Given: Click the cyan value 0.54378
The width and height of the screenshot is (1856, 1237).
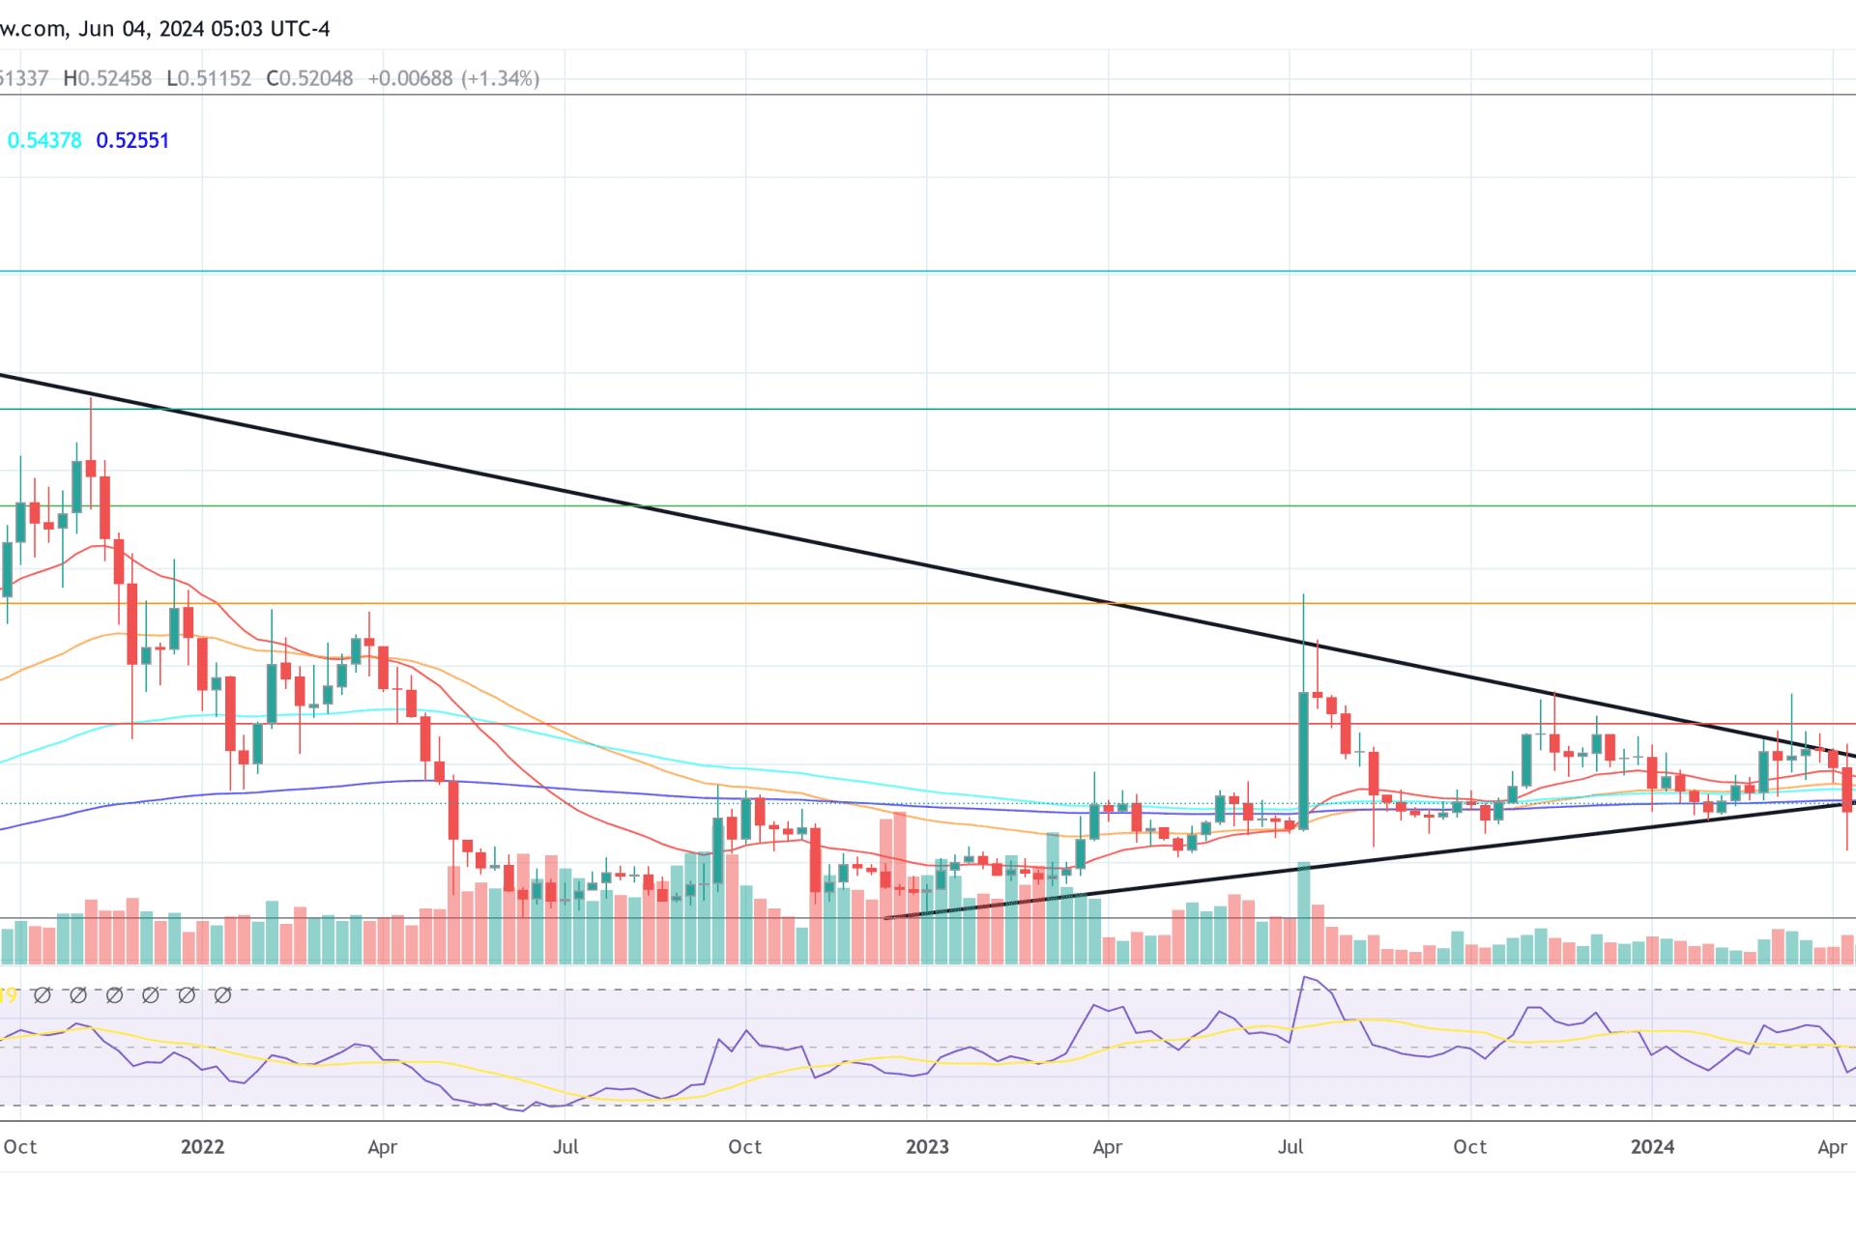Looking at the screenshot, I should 44,141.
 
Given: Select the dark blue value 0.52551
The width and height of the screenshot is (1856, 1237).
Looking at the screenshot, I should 132,141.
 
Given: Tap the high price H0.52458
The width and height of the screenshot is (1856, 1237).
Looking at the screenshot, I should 107,78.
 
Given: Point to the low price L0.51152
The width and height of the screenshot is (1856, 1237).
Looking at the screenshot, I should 209,78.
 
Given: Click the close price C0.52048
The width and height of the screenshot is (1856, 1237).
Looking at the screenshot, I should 309,78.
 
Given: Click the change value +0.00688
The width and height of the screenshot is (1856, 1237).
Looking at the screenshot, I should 410,78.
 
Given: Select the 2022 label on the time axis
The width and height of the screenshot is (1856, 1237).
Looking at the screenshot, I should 202,1147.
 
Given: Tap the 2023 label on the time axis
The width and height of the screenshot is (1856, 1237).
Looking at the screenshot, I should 927,1147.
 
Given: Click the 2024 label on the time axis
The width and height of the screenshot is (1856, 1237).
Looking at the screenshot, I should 1652,1147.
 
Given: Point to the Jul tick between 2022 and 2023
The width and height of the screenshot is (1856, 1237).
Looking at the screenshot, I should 565,1147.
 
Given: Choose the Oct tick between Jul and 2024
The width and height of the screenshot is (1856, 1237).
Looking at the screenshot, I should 1470,1147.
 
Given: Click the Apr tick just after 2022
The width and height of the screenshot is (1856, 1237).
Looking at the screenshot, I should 383,1147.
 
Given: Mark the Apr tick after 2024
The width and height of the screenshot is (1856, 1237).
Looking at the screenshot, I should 1832,1147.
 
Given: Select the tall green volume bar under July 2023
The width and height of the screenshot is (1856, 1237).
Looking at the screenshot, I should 1303,913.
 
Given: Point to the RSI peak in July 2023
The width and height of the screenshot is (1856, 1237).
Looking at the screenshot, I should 1305,978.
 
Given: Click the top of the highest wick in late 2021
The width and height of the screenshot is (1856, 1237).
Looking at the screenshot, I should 91,399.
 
